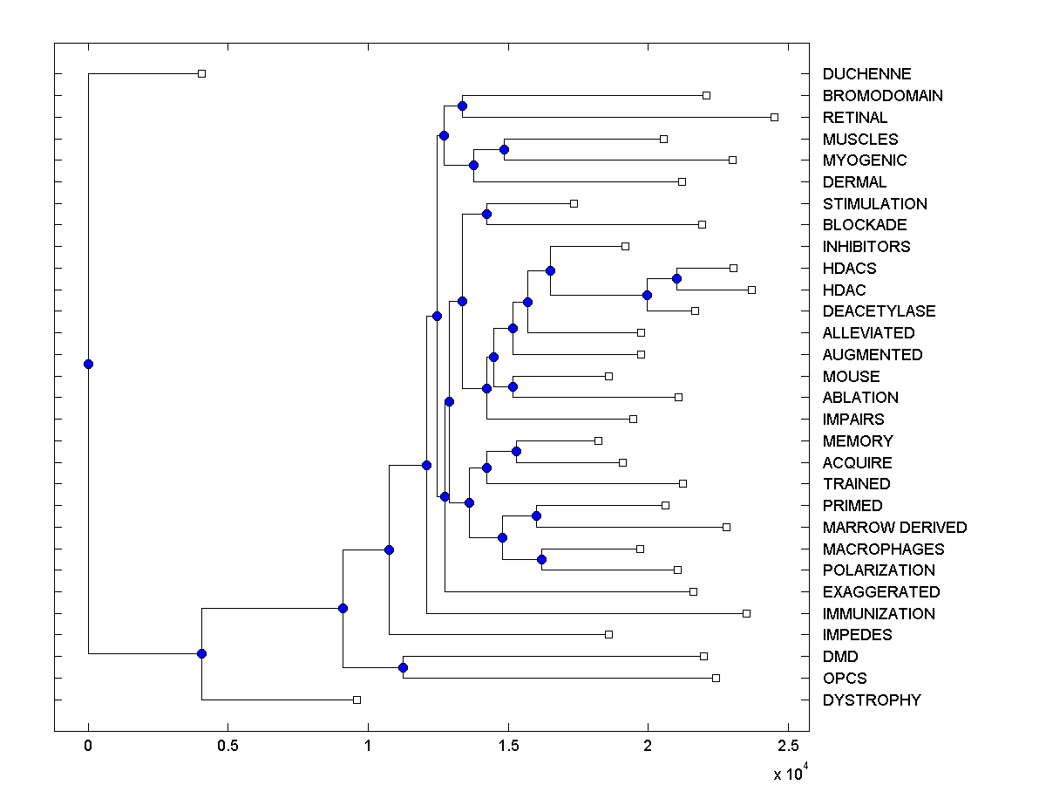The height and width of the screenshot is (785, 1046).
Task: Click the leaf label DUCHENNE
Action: tap(866, 74)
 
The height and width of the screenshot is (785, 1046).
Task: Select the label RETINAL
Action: tap(854, 117)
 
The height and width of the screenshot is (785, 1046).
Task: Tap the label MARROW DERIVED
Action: tap(894, 527)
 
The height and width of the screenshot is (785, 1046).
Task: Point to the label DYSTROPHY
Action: tap(871, 700)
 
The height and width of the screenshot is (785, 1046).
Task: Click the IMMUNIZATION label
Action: tap(879, 613)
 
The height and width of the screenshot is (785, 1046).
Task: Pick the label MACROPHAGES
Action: tap(883, 549)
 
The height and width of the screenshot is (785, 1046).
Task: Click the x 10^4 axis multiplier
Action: tap(791, 772)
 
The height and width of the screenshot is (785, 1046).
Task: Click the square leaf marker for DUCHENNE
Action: tap(201, 74)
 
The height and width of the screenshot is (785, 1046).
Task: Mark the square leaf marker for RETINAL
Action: tap(774, 117)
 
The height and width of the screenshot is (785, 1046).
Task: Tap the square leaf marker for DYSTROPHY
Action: tap(357, 700)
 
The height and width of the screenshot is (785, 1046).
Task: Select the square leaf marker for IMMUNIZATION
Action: tap(746, 613)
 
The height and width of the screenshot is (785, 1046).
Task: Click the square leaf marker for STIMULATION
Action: tap(574, 203)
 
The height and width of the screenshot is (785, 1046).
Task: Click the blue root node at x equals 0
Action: tap(88, 364)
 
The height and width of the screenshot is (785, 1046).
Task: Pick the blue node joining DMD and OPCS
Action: tap(403, 667)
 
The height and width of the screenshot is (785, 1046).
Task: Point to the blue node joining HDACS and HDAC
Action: tap(676, 278)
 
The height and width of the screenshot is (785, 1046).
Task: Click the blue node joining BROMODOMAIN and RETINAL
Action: tap(462, 106)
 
